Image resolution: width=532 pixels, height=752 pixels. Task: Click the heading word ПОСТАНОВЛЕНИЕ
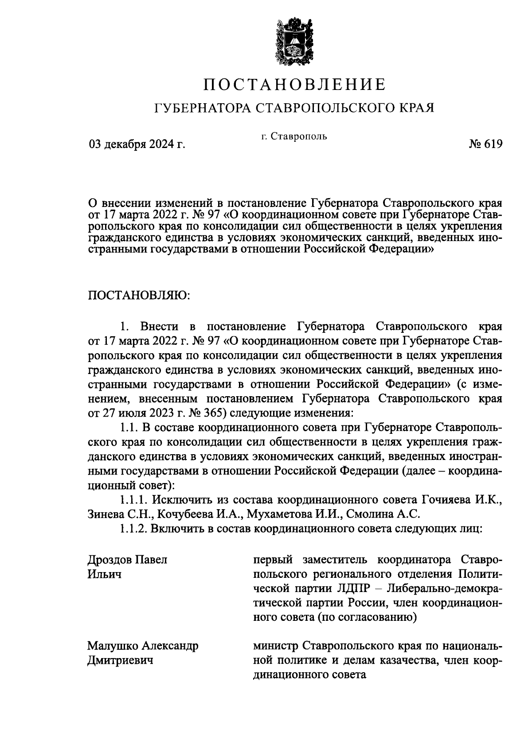(x=295, y=85)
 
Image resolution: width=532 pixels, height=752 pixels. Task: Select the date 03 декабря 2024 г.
(x=137, y=144)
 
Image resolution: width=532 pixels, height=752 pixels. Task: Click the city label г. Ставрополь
(x=294, y=136)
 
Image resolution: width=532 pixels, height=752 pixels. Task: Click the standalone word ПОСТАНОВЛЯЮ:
(x=140, y=296)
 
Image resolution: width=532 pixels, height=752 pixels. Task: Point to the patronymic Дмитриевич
(x=120, y=661)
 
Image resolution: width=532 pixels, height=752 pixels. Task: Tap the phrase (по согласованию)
(x=367, y=617)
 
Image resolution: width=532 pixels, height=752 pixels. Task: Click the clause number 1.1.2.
(x=133, y=529)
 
